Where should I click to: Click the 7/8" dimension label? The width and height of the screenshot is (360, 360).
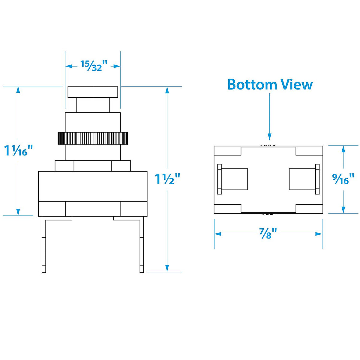pyautogui.click(x=268, y=234)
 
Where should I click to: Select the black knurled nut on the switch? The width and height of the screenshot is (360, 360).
pyautogui.click(x=93, y=138)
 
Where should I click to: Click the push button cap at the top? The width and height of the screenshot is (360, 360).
pyautogui.click(x=93, y=92)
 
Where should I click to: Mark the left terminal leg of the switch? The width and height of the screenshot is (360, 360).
pyautogui.click(x=44, y=244)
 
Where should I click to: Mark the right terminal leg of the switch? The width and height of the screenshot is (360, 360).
pyautogui.click(x=142, y=244)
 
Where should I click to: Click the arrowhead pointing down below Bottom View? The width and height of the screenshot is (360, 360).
pyautogui.click(x=269, y=136)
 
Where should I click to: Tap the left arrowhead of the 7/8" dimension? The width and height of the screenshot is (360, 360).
pyautogui.click(x=218, y=234)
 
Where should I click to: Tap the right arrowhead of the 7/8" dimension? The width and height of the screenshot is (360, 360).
pyautogui.click(x=319, y=234)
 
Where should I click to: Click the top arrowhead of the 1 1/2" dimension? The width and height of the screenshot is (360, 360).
pyautogui.click(x=167, y=90)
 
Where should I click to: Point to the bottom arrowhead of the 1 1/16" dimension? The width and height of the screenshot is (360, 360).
pyautogui.click(x=18, y=212)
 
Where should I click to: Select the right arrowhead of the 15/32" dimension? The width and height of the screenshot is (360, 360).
pyautogui.click(x=117, y=66)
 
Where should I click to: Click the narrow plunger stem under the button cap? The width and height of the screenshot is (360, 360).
pyautogui.click(x=93, y=105)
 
